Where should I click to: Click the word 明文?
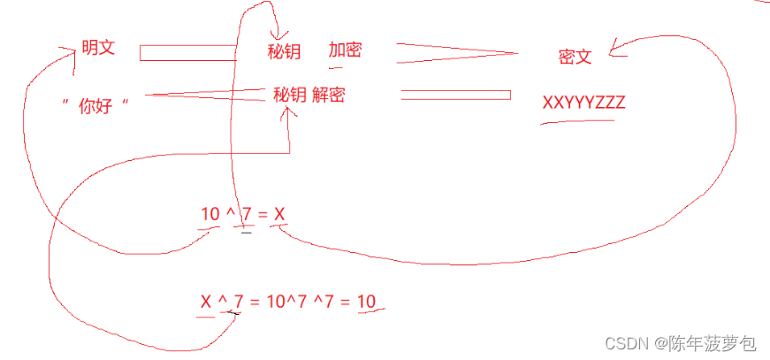tap(97, 48)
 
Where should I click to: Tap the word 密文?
tap(575, 57)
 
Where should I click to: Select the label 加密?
tap(345, 50)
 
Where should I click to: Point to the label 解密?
tap(328, 95)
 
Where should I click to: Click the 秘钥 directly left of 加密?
tap(284, 51)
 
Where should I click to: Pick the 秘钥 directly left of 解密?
tap(289, 95)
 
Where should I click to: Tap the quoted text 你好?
tap(96, 107)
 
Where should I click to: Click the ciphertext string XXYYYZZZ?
tap(583, 103)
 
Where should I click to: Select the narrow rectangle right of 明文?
tap(187, 53)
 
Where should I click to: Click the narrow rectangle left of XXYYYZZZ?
tap(455, 95)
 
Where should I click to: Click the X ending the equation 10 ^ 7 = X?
tap(279, 214)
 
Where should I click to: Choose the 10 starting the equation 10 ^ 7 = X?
tap(210, 214)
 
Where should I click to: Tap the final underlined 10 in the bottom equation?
tap(366, 303)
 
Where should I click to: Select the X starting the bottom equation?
tap(206, 303)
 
